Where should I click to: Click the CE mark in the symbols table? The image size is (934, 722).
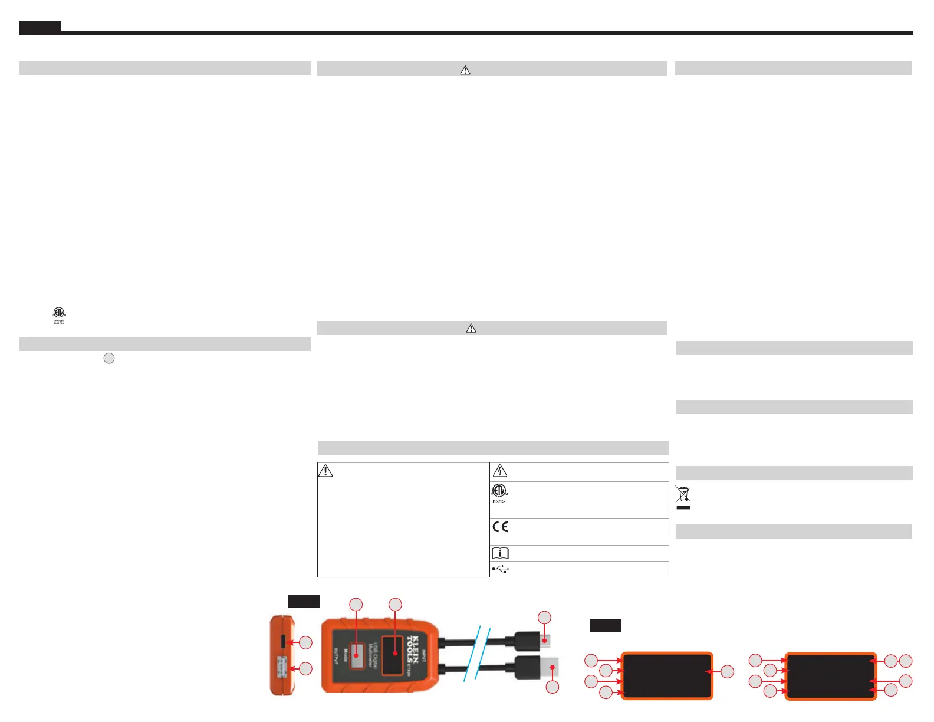coord(500,527)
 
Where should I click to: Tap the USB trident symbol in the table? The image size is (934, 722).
coord(501,569)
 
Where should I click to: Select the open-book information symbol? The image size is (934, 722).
coord(500,553)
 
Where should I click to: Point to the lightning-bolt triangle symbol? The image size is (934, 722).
coord(499,471)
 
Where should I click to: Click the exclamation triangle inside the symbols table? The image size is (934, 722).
coord(325,470)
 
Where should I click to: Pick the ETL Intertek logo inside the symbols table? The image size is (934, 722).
coord(499,493)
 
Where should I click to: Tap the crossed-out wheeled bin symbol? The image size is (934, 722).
coord(683,497)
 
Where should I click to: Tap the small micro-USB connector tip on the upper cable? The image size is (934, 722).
coord(547,639)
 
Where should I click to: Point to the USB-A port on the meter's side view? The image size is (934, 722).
coord(282,668)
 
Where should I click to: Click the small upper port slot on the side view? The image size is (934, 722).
coord(283,641)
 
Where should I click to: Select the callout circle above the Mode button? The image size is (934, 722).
coord(356,605)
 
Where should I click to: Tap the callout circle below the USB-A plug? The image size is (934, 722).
coord(552,687)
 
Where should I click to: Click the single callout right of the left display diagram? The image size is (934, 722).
coord(728,671)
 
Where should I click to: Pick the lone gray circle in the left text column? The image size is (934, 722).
coord(109,358)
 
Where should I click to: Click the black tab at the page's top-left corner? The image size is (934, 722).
coord(40,27)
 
